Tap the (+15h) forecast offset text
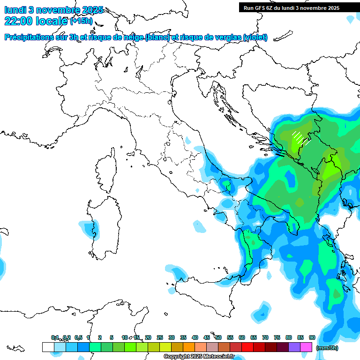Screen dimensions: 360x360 coord(81,21)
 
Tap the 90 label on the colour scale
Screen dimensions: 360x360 coord(312,337)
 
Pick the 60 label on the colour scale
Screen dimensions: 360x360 coord(242,337)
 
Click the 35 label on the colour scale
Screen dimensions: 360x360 coord(183,337)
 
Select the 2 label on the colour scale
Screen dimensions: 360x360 coord(100,337)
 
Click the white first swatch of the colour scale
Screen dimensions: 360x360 coord(48,347)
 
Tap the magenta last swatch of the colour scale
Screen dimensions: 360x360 coord(306,347)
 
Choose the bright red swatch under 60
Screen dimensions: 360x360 coord(247,347)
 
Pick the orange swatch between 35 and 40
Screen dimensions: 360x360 coord(189,347)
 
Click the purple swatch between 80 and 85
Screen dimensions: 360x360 coord(294,347)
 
